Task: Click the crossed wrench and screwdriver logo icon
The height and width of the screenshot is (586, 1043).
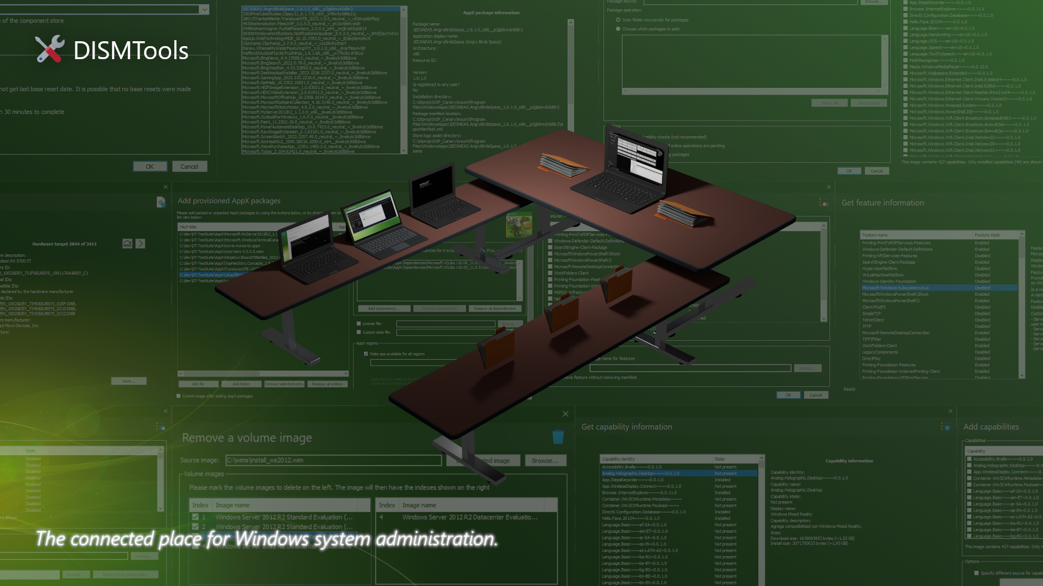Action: (x=49, y=49)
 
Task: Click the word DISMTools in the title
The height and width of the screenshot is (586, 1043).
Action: (x=130, y=50)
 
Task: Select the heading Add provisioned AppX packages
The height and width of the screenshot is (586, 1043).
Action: (x=229, y=201)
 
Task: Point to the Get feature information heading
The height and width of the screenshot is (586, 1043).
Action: (x=882, y=203)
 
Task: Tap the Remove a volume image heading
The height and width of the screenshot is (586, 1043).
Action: (x=247, y=438)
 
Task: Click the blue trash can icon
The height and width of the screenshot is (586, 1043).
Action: (x=558, y=437)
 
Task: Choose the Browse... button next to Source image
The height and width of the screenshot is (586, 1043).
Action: (x=545, y=461)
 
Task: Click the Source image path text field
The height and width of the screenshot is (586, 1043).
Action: (x=333, y=461)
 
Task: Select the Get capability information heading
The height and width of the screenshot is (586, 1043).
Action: (x=626, y=427)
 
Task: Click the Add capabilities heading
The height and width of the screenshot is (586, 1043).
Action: (x=991, y=427)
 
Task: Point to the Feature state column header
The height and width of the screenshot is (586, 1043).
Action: (x=987, y=235)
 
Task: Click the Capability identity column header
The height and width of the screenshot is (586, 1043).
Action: (x=618, y=459)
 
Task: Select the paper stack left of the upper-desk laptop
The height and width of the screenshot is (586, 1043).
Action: (x=565, y=165)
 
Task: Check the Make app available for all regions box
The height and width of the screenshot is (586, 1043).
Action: (x=366, y=354)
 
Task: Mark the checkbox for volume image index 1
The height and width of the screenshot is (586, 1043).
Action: (x=196, y=518)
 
